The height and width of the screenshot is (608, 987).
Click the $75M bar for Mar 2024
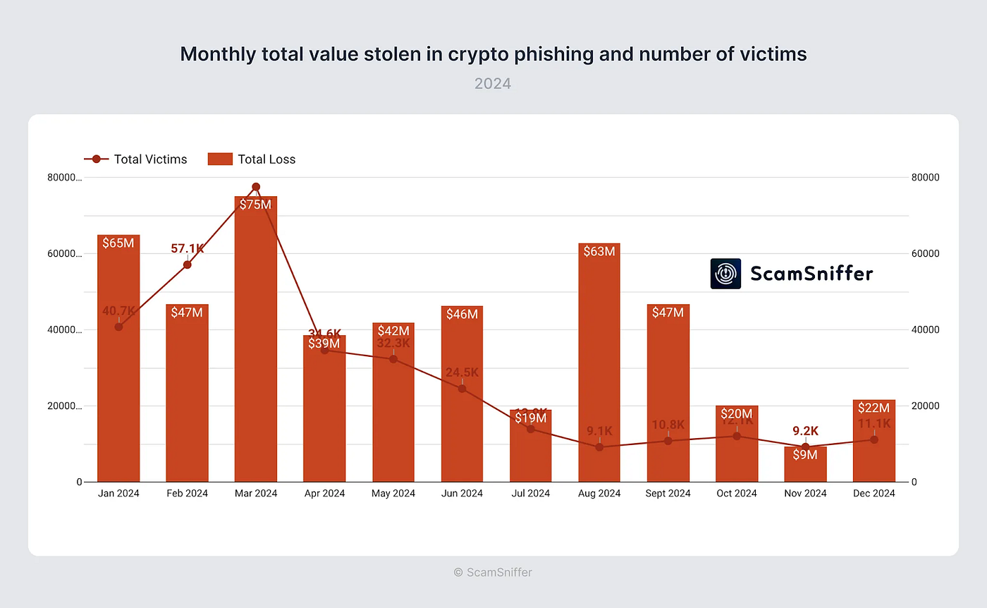point(256,339)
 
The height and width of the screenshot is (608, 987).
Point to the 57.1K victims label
point(188,249)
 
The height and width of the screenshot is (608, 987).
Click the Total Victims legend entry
point(136,159)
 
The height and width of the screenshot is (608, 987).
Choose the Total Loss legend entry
point(252,159)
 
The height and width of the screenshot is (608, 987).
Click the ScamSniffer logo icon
point(725,274)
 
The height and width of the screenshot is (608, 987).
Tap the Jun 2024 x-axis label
point(462,494)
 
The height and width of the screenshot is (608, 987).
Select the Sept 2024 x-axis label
point(668,494)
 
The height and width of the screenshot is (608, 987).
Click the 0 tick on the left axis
point(79,482)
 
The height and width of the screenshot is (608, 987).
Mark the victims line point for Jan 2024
point(118,327)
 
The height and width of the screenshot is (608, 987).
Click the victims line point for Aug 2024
point(599,447)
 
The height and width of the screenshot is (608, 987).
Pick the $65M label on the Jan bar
point(118,243)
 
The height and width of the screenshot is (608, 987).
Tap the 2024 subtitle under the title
point(493,84)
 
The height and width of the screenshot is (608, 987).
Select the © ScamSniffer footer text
point(493,573)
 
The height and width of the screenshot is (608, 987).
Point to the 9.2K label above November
point(805,431)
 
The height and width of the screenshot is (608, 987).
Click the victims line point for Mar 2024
point(256,187)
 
